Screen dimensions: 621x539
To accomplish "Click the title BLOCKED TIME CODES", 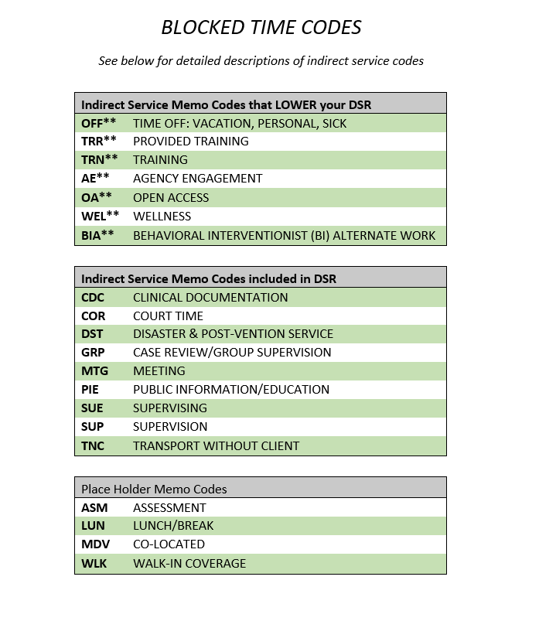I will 261,28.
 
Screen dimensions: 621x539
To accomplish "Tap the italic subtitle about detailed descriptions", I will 261,60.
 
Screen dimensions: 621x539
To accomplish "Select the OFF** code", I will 99,123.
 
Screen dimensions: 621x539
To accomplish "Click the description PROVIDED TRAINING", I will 191,142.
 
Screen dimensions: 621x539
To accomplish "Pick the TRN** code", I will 99,160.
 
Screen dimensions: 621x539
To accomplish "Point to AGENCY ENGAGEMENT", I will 197,179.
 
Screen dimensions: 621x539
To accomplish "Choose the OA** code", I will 97,197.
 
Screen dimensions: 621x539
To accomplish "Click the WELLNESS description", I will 162,217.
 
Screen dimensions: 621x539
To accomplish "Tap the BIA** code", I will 98,235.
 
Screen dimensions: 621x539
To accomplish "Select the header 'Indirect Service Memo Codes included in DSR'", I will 209,278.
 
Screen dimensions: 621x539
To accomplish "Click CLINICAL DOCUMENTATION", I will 210,297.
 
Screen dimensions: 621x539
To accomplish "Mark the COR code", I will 93,316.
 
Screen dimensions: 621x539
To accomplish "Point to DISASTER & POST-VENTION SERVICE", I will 233,334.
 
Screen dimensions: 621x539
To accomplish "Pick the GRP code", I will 93,353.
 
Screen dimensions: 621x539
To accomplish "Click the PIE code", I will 90,390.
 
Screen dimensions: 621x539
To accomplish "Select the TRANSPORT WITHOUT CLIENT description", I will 216,445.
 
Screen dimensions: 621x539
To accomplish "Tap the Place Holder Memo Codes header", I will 154,489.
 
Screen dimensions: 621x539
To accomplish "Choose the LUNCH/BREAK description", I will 173,526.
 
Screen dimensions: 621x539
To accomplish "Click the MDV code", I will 95,544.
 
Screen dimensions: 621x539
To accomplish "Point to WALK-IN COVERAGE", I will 189,563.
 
